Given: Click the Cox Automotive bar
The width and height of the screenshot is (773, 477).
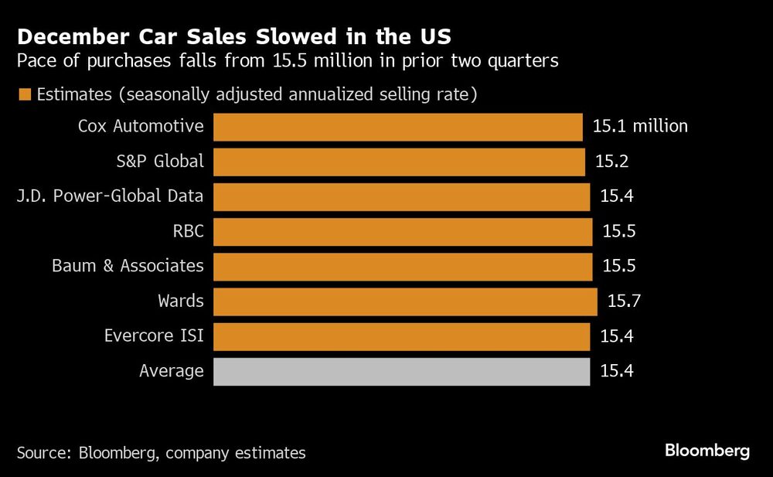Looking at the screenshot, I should (397, 127).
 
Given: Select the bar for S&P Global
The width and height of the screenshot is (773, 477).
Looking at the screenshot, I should (399, 162).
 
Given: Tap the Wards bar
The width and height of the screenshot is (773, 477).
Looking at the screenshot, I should (405, 302).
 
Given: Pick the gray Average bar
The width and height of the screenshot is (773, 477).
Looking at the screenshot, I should (401, 371).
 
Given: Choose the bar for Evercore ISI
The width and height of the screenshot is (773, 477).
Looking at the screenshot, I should (401, 336).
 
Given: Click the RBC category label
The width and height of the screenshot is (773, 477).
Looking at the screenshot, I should (189, 231).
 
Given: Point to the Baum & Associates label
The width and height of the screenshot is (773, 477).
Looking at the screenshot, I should (128, 266).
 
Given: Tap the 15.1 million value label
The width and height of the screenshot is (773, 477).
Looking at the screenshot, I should (640, 126).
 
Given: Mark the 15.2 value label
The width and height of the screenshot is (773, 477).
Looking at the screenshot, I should (611, 162).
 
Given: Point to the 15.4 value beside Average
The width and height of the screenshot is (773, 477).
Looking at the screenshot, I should (617, 371).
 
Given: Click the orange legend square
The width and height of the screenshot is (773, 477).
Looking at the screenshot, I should (24, 95).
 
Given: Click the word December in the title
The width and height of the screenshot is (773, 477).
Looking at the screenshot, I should (69, 37).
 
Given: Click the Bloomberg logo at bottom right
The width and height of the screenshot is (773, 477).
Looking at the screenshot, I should (707, 451).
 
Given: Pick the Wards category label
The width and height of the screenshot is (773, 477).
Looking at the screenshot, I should (181, 301).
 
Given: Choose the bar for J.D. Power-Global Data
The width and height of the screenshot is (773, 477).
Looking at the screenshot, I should (401, 196).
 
